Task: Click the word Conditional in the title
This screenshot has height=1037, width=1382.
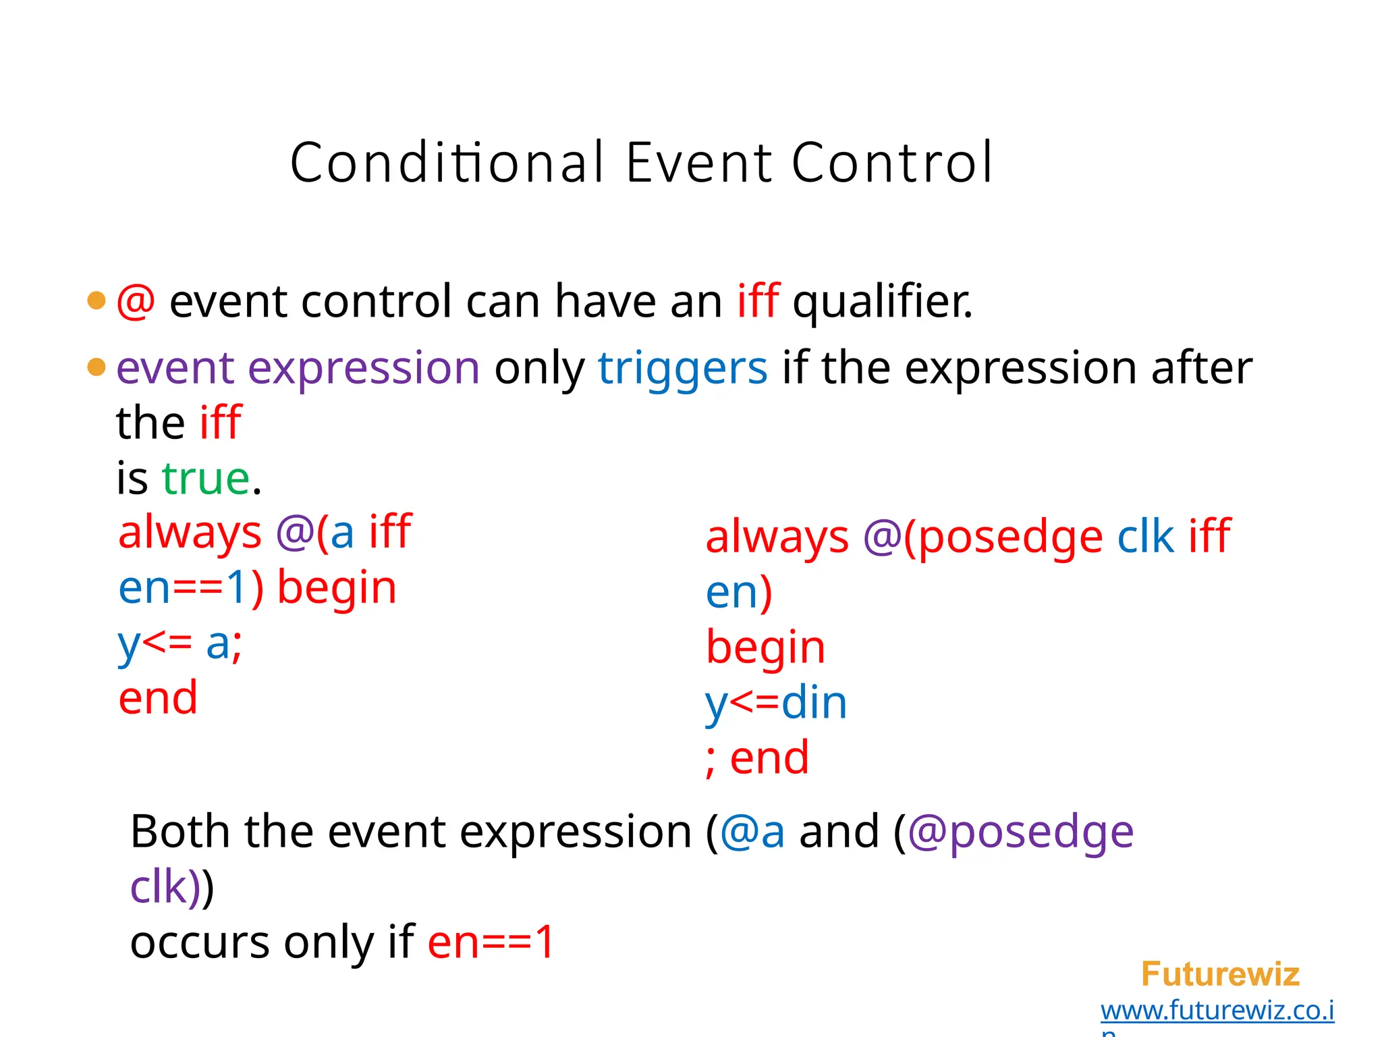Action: point(446,163)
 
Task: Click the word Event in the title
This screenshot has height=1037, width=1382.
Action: point(698,163)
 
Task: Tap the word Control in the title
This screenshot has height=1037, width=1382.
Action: point(892,163)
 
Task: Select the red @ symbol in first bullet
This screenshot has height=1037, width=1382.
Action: point(136,301)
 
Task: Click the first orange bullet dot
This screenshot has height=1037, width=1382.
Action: point(96,300)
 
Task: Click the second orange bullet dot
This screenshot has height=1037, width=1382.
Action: point(96,367)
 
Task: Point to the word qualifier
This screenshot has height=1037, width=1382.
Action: point(882,301)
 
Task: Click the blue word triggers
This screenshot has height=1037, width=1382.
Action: point(682,369)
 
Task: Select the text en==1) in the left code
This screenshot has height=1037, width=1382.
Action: point(191,587)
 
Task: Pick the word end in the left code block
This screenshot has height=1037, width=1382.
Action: point(158,698)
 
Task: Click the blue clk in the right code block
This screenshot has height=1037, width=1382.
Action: point(1145,537)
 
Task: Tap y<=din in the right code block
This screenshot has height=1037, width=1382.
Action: point(775,703)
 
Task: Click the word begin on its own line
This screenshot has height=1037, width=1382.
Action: point(765,647)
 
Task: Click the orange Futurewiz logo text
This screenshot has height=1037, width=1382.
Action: point(1220,974)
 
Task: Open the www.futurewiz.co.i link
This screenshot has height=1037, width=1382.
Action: point(1217,1011)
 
